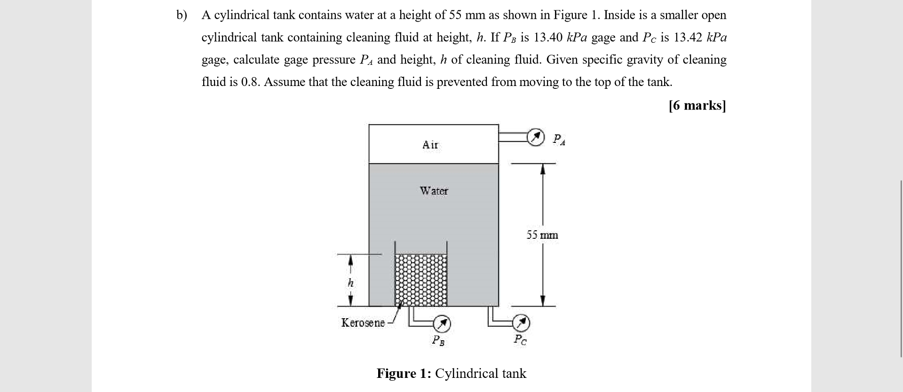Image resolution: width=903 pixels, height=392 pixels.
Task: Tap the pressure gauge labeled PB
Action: click(x=442, y=323)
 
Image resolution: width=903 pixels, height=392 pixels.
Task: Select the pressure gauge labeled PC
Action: click(x=521, y=323)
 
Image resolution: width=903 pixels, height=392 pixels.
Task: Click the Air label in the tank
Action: click(x=430, y=145)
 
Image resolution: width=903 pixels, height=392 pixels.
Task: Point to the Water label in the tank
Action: click(x=434, y=191)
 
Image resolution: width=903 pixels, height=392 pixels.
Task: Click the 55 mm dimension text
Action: click(x=542, y=235)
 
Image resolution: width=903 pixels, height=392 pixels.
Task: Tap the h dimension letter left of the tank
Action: click(x=350, y=283)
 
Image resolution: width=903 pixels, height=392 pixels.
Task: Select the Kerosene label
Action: click(x=363, y=323)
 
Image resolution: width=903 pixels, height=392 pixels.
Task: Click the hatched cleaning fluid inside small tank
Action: click(x=421, y=280)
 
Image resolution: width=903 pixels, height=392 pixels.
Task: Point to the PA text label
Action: click(x=559, y=139)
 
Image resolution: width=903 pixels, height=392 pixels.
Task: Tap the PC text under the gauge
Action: click(x=520, y=339)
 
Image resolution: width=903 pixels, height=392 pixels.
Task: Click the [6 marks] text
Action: click(x=697, y=105)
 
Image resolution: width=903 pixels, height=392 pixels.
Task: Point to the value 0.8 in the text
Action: click(x=249, y=82)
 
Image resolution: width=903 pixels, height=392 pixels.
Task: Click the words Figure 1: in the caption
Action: click(x=404, y=374)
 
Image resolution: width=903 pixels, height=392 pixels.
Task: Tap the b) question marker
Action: click(x=182, y=16)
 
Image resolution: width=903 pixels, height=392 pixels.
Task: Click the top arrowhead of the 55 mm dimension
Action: click(x=543, y=169)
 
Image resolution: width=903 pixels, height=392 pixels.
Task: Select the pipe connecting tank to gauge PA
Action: click(x=512, y=137)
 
